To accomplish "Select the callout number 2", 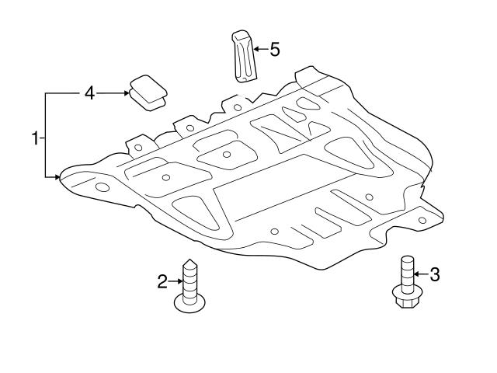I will pos(162,281).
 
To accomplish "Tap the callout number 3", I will pos(434,274).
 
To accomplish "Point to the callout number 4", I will pos(89,93).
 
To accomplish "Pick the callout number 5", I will pos(275,49).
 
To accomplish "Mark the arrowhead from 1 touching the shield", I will pos(58,178).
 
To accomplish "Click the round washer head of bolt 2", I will pos(190,303).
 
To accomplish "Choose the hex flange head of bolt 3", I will pos(405,297).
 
